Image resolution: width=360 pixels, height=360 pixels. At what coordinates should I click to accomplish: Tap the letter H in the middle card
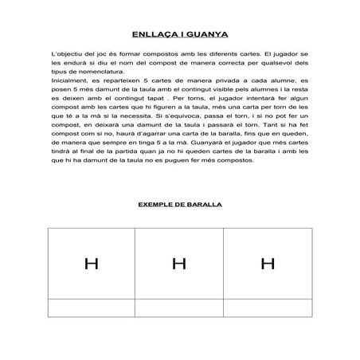click(179, 263)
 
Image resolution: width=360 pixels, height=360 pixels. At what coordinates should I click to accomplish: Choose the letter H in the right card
click(268, 263)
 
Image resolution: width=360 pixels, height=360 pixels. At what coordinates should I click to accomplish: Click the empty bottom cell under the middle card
click(179, 307)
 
